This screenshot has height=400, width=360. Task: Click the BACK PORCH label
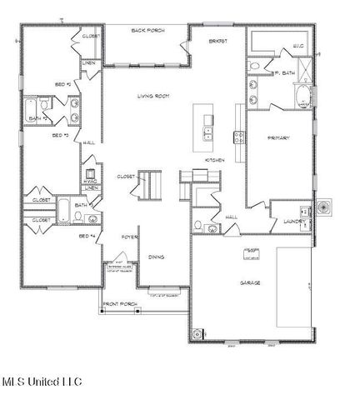click(147, 30)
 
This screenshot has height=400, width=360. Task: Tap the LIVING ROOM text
click(153, 97)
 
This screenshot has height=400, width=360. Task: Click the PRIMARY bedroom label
click(277, 137)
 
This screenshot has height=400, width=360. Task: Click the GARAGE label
click(250, 283)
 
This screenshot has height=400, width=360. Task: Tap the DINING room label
click(155, 257)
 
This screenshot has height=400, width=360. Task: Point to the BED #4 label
click(86, 237)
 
